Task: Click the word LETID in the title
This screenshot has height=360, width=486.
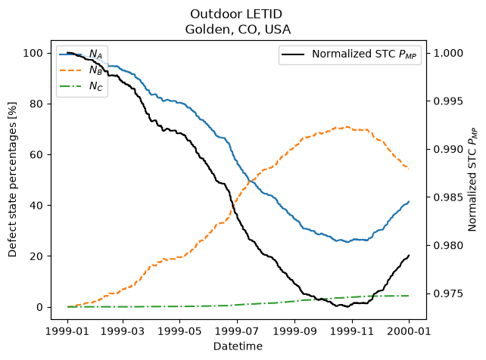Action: pyautogui.click(x=263, y=14)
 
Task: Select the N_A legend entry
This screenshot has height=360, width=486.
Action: pyautogui.click(x=81, y=54)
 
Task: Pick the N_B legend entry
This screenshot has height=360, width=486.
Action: pyautogui.click(x=81, y=70)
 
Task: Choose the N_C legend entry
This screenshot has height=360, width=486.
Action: pyautogui.click(x=81, y=86)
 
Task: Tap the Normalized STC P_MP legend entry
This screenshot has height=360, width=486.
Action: pyautogui.click(x=349, y=54)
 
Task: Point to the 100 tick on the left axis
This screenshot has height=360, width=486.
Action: pyautogui.click(x=33, y=53)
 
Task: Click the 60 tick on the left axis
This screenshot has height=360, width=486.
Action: pyautogui.click(x=36, y=155)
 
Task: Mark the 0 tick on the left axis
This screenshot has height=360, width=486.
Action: pyautogui.click(x=39, y=307)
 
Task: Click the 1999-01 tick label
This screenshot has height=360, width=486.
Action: pyautogui.click(x=67, y=331)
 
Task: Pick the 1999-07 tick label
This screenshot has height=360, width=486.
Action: pyautogui.click(x=237, y=331)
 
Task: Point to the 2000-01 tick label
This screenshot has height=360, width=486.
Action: pyautogui.click(x=409, y=331)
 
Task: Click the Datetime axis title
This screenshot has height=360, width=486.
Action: pyautogui.click(x=238, y=346)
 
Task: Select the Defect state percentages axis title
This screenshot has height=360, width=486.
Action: pyautogui.click(x=12, y=179)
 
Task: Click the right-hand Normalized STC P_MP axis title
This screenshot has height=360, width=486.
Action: pyautogui.click(x=472, y=179)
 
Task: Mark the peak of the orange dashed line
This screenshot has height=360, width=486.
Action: pyautogui.click(x=347, y=126)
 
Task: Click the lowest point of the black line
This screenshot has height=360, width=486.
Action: pyautogui.click(x=347, y=307)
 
